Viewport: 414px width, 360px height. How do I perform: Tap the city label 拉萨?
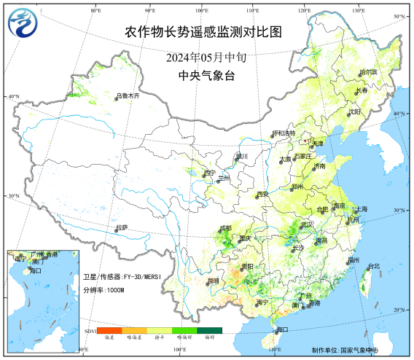click(x=122, y=228)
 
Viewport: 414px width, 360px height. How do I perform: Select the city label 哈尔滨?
click(x=369, y=73)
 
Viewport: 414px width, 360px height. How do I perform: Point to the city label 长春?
click(x=362, y=92)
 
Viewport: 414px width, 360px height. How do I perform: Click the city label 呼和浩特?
click(x=284, y=133)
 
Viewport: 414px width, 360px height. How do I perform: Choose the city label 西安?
click(x=262, y=195)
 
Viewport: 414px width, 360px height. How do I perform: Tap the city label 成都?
click(x=227, y=228)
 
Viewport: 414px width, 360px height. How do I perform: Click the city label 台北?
click(x=373, y=266)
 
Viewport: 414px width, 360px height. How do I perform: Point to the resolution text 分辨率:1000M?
click(x=103, y=290)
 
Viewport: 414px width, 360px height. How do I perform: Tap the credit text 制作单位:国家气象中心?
click(x=345, y=350)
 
